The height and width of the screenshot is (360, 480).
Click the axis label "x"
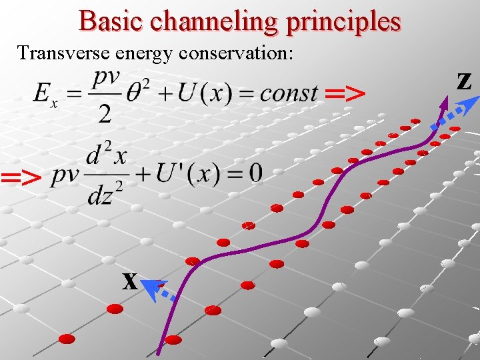tap(130, 282)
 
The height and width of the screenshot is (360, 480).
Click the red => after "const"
tap(345, 94)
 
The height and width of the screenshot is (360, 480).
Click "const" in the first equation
tap(288, 93)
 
